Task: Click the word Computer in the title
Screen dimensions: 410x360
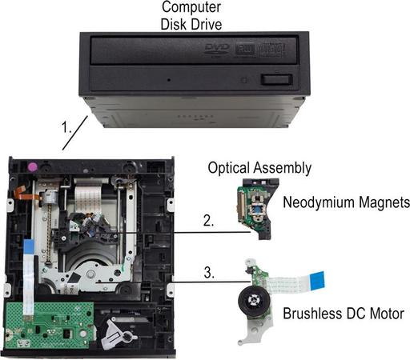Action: coord(191,7)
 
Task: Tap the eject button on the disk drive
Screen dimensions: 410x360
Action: coord(276,80)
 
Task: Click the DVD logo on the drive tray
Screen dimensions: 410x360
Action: coord(217,50)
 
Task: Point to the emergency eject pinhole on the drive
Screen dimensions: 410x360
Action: coord(169,79)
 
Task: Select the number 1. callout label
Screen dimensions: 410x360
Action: coord(66,127)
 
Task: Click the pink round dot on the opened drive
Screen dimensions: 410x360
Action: coord(32,167)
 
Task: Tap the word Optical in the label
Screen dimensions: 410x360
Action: coord(229,169)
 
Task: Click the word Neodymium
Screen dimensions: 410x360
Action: coord(319,202)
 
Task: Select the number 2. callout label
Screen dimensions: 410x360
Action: coord(208,221)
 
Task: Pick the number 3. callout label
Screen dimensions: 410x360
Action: coord(209,273)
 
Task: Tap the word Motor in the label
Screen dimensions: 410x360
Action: coord(387,314)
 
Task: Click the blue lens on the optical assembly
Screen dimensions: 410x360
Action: coord(257,210)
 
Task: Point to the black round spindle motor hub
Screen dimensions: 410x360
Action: coord(254,301)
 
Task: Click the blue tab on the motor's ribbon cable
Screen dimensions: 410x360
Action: coord(317,280)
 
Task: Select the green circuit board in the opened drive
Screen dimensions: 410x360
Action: coord(49,325)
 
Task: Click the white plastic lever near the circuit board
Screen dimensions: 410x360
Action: coord(118,334)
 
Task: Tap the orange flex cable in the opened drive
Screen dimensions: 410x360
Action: coord(26,194)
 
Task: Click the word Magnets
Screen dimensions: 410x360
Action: coord(384,202)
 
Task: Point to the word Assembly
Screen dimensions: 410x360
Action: coord(283,169)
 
